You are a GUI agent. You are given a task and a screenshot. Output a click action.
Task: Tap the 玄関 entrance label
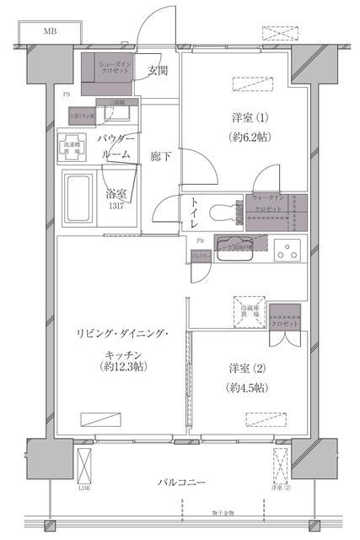(158, 70)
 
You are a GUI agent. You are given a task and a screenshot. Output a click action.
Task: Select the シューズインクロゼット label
(114, 68)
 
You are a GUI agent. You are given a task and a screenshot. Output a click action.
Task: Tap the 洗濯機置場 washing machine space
(73, 146)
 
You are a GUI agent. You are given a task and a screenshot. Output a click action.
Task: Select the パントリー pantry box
(200, 255)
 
